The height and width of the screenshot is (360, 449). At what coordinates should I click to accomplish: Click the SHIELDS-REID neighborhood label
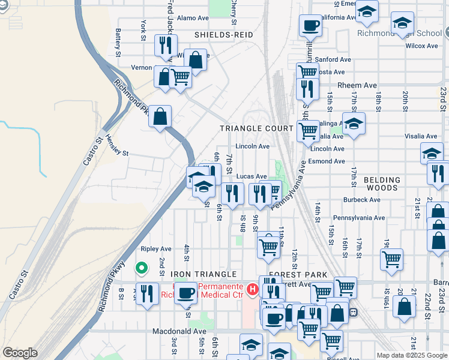[x=223, y=35]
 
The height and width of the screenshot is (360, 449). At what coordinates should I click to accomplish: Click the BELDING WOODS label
[x=382, y=184]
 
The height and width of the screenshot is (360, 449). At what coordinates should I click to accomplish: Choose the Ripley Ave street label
[x=156, y=248]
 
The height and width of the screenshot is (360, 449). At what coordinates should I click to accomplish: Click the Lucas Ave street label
[x=251, y=176]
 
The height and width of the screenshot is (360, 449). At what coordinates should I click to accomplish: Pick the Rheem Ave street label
[x=357, y=86]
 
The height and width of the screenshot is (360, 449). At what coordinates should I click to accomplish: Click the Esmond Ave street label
[x=328, y=161]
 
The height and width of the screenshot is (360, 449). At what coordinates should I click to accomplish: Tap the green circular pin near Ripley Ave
[x=142, y=268]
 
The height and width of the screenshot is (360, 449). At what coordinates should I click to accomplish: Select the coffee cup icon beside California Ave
[x=310, y=25]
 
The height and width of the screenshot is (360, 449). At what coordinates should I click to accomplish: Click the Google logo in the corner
[x=20, y=353]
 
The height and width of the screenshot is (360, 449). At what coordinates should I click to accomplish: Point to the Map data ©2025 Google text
[x=411, y=355]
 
